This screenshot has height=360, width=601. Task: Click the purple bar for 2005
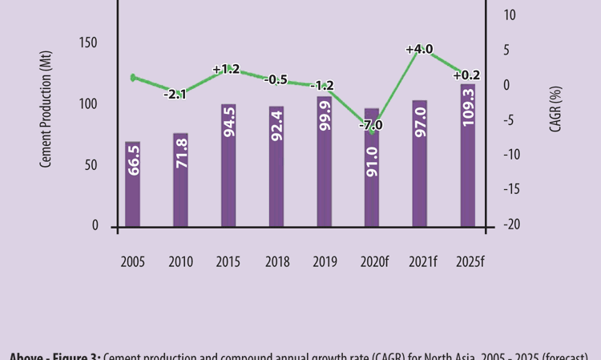(x=133, y=184)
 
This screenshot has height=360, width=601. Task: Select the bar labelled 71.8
(x=180, y=180)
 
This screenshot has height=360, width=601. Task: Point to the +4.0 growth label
(x=419, y=50)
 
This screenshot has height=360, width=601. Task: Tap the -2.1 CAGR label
(x=175, y=95)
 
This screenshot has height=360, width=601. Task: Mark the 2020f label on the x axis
(x=373, y=262)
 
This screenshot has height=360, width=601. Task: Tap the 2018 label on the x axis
(x=276, y=262)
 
